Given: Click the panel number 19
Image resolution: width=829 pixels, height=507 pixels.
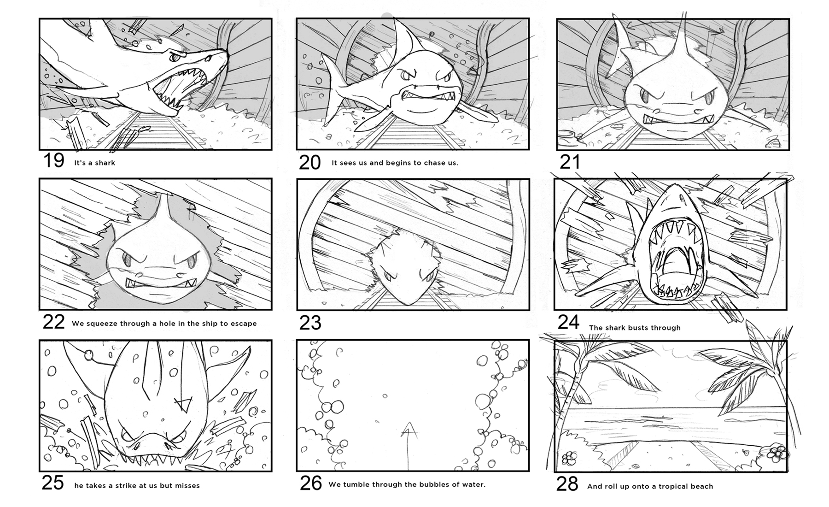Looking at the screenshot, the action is [53, 161].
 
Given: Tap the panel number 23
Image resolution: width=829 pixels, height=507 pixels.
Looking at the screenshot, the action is [310, 323].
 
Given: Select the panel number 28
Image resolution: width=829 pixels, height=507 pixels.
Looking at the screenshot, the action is [567, 484].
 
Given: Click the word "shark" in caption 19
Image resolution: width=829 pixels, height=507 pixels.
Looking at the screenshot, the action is [105, 163].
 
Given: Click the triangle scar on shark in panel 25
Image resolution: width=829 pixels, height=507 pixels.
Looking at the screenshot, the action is [183, 404].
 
